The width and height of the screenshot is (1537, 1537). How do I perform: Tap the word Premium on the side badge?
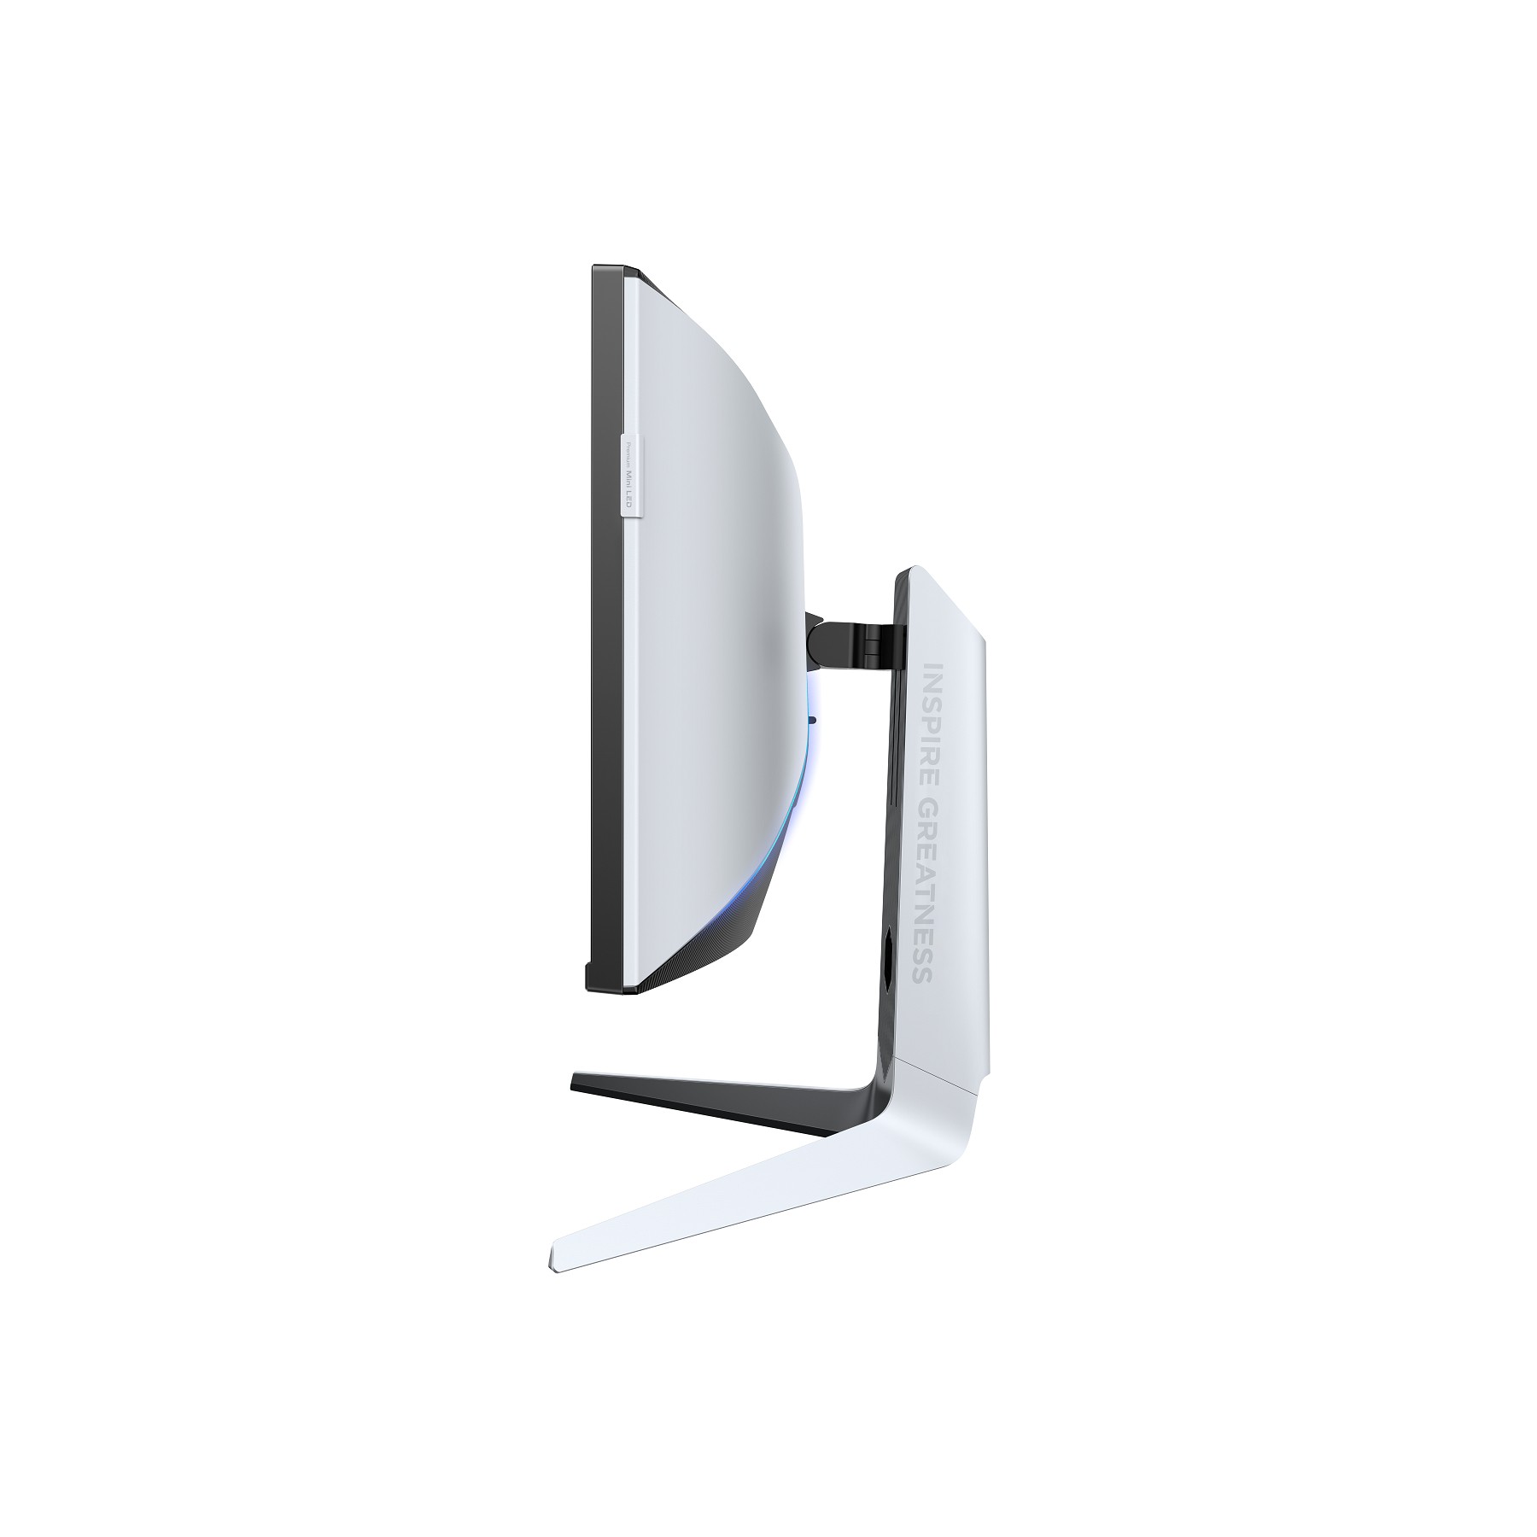click(x=629, y=453)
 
